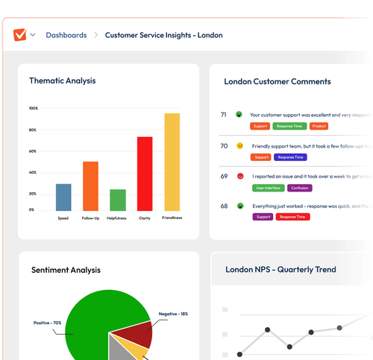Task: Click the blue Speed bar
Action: click(63, 197)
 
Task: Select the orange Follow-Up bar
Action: click(90, 186)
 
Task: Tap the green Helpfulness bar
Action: click(118, 200)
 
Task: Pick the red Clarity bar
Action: click(145, 173)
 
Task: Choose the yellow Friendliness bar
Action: click(172, 161)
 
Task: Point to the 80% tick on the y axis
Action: click(34, 130)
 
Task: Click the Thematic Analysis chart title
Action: click(62, 80)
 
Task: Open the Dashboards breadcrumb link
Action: click(66, 35)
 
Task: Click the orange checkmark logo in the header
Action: click(19, 35)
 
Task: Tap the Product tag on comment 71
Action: click(318, 127)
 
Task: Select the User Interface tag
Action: click(267, 188)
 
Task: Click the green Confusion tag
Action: click(300, 188)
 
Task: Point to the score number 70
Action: click(224, 145)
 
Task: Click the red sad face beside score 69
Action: click(239, 176)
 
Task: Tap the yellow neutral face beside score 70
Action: click(239, 145)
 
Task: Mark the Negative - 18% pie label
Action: click(173, 314)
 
